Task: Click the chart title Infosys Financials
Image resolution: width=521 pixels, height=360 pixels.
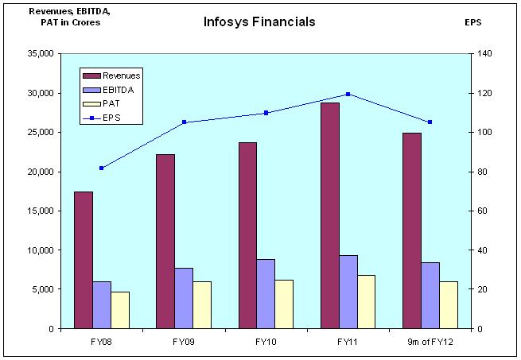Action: click(259, 22)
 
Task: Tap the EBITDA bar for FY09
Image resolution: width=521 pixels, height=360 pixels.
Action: click(184, 298)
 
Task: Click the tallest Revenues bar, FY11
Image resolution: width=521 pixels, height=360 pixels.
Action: click(330, 215)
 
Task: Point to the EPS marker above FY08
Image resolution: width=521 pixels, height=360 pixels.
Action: click(102, 168)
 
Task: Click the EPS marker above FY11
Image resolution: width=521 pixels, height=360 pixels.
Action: click(348, 94)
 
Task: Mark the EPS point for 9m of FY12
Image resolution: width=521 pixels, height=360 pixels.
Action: click(430, 122)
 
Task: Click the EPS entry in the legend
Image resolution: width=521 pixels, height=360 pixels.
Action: click(111, 118)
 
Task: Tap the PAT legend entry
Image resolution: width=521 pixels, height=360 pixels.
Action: click(111, 104)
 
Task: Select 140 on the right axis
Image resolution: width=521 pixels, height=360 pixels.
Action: click(484, 54)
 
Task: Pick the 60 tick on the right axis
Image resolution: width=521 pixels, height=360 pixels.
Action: click(481, 211)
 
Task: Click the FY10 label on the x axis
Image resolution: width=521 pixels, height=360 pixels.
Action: click(266, 343)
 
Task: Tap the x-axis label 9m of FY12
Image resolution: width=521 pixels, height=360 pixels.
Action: click(430, 343)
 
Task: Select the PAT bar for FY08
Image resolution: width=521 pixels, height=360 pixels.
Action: click(120, 310)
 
